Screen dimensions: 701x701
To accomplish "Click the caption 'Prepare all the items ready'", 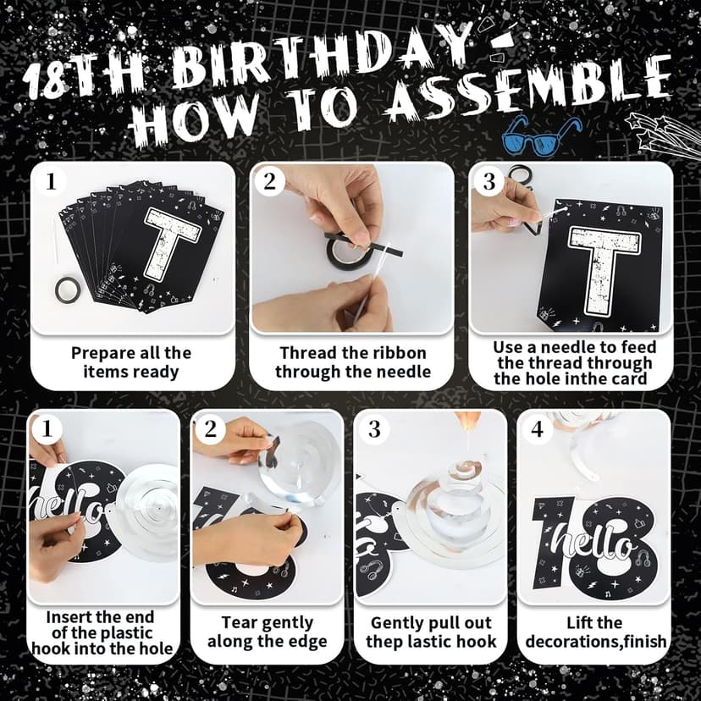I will pyautogui.click(x=131, y=362).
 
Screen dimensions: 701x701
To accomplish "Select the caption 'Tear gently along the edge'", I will pyautogui.click(x=267, y=632).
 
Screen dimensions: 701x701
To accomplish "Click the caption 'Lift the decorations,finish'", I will pyautogui.click(x=595, y=632).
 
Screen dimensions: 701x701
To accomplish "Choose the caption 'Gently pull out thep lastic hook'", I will pyautogui.click(x=431, y=632).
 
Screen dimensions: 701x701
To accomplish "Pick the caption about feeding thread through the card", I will pyautogui.click(x=573, y=362).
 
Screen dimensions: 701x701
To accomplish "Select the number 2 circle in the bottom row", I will pyautogui.click(x=211, y=429).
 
